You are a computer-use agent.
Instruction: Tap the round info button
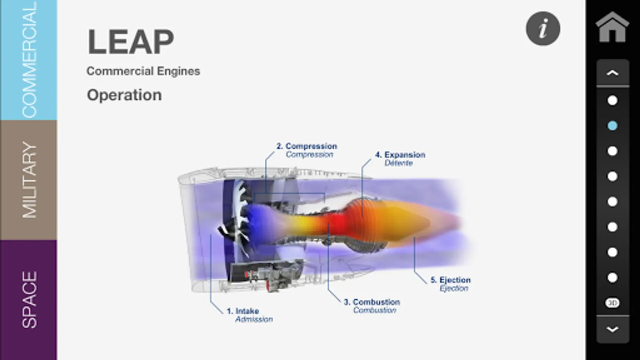[x=543, y=28]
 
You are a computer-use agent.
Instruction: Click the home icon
[x=612, y=27]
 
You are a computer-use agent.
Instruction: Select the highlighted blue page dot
[x=612, y=126]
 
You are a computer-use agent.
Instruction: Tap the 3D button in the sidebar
[x=612, y=303]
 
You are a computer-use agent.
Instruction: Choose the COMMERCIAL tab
[x=28, y=60]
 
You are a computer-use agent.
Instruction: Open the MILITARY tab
[x=28, y=180]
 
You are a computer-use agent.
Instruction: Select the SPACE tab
[x=28, y=300]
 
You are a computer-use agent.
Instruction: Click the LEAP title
[x=130, y=42]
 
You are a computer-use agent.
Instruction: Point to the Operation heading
[x=124, y=95]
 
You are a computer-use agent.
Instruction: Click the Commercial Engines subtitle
[x=144, y=71]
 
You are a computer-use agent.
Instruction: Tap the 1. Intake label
[x=243, y=311]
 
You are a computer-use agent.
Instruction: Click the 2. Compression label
[x=306, y=146]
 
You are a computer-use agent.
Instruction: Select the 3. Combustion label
[x=372, y=302]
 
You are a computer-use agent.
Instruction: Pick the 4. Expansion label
[x=400, y=154]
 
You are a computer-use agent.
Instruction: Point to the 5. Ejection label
[x=450, y=280]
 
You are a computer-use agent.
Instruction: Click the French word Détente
[x=398, y=163]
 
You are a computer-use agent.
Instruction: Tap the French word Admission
[x=254, y=319]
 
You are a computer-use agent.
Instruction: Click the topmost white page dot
[x=612, y=100]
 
